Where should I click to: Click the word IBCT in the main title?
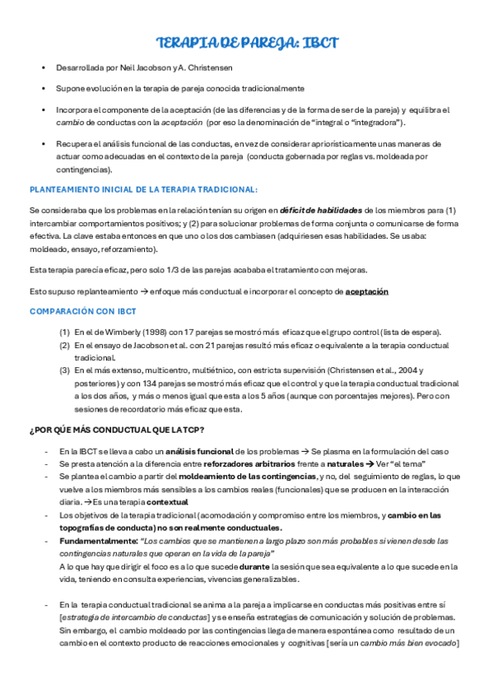pyautogui.click(x=315, y=43)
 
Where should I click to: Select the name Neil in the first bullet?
pyautogui.click(x=113, y=67)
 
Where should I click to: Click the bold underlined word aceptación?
pyautogui.click(x=366, y=291)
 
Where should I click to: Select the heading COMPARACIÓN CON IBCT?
pyautogui.click(x=82, y=311)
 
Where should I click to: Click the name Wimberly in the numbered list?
pyautogui.click(x=118, y=332)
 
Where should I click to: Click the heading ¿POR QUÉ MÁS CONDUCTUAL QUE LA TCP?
pyautogui.click(x=117, y=430)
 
